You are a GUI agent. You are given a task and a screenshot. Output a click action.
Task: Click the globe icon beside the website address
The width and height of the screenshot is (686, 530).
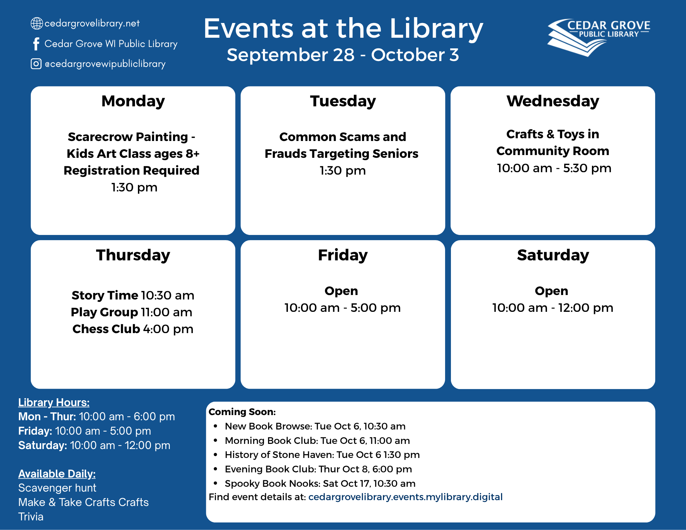(37, 23)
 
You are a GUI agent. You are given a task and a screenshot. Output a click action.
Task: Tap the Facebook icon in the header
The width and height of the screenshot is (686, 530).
(36, 44)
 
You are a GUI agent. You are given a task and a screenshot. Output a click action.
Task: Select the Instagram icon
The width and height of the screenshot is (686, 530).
(36, 64)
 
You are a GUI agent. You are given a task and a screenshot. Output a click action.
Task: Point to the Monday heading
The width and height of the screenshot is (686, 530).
(133, 102)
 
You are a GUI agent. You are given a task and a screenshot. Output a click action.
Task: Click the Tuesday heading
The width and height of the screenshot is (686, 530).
(343, 102)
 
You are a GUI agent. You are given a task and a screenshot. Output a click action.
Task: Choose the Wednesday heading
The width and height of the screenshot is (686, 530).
(553, 102)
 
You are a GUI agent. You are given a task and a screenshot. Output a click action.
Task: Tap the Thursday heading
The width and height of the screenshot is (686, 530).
(133, 256)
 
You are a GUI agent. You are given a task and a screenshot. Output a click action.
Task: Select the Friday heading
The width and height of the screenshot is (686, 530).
(343, 256)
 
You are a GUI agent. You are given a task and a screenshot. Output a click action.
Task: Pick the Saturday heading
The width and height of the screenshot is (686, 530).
(553, 256)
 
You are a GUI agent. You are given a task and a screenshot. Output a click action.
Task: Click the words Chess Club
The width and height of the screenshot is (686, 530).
(106, 329)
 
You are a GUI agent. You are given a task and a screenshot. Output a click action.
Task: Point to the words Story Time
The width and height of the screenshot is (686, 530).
(105, 295)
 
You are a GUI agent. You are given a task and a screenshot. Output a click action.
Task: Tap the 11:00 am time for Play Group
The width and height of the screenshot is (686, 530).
(167, 312)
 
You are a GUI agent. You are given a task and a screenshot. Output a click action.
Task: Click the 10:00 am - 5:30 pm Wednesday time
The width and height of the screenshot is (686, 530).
(554, 168)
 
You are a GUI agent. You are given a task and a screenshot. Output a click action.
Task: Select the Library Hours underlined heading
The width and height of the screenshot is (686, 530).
(54, 402)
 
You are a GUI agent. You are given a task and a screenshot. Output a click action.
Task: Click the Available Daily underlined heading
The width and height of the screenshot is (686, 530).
(57, 474)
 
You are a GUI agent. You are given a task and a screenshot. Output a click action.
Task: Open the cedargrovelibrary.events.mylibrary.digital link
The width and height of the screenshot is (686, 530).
(405, 497)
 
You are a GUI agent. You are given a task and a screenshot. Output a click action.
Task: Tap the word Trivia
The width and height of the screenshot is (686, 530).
(31, 517)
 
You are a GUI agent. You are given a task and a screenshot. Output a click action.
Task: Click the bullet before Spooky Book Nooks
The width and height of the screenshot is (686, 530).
(216, 483)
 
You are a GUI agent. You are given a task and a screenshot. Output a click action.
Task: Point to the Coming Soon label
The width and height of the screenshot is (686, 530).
(242, 412)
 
